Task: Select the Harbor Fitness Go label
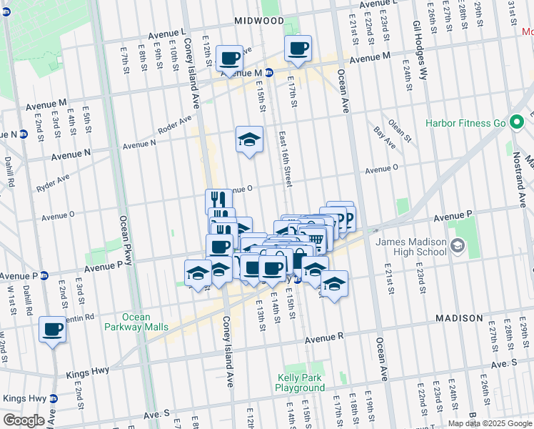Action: click(x=465, y=123)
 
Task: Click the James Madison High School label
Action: click(x=411, y=247)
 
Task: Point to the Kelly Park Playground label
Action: click(x=300, y=383)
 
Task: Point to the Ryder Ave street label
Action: click(x=54, y=184)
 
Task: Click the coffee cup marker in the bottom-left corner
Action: click(x=52, y=330)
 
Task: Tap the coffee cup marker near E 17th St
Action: click(x=298, y=49)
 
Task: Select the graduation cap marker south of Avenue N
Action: click(x=249, y=139)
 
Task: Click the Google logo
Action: click(x=24, y=420)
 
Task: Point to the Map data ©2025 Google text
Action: click(x=490, y=423)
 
